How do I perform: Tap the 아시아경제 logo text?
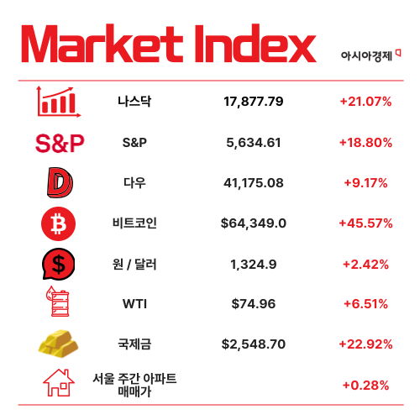click(369, 55)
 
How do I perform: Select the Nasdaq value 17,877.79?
click(254, 102)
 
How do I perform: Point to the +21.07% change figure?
click(365, 102)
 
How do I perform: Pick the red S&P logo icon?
click(60, 143)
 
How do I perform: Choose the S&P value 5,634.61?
click(254, 142)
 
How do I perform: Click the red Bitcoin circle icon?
click(59, 223)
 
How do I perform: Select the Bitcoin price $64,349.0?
click(254, 223)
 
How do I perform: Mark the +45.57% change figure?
click(365, 223)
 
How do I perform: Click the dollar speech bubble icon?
click(59, 264)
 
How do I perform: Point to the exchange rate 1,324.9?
click(254, 264)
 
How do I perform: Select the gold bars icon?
click(59, 343)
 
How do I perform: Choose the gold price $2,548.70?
click(254, 344)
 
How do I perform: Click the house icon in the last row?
click(59, 383)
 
